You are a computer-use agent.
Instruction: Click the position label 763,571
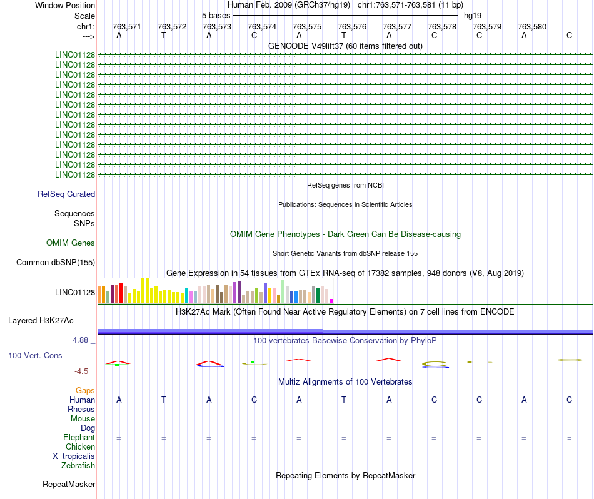coord(127,26)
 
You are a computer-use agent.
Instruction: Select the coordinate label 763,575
coord(307,26)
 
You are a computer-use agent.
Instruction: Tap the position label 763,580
coord(532,26)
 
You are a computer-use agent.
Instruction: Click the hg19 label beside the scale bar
coord(472,15)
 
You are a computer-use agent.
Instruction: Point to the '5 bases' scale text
coord(216,15)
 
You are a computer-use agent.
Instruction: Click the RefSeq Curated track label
coord(66,194)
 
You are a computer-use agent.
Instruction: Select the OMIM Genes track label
coord(71,243)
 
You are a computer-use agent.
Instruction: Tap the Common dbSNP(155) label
coord(56,263)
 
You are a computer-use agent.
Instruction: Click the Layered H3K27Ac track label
coord(41,321)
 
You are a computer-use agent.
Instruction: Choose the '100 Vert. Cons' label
coord(35,355)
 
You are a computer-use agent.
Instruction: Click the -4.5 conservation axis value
coord(83,371)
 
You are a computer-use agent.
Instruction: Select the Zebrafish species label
coord(78,465)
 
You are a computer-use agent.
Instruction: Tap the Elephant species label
coord(79,438)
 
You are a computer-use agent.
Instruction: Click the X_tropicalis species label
coord(74,456)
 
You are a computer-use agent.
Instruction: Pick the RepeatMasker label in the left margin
coord(69,484)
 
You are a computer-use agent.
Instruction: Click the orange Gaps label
coord(85,390)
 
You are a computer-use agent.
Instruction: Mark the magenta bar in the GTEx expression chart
coord(331,301)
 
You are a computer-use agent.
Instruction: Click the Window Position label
coord(65,5)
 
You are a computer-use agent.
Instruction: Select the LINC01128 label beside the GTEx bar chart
coord(75,292)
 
